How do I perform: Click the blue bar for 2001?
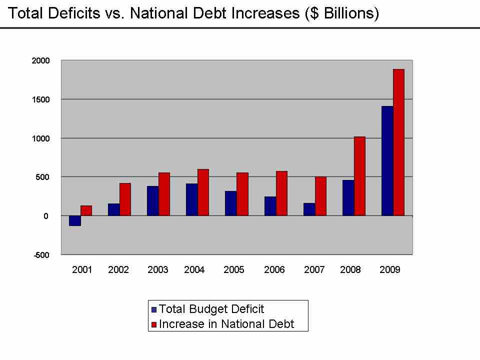[75, 220]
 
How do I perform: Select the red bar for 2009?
[398, 142]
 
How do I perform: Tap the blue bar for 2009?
[387, 160]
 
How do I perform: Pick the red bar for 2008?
[359, 176]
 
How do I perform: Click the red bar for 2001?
[86, 210]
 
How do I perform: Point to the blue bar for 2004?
[192, 199]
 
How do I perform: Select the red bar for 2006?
[281, 193]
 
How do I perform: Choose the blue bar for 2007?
[309, 209]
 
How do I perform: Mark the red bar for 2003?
[164, 194]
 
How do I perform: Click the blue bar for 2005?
[231, 203]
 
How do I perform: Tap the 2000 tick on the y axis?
[41, 60]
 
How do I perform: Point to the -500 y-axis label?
[41, 255]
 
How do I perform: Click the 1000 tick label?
[41, 138]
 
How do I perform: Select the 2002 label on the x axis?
[118, 270]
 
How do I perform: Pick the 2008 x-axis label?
[350, 270]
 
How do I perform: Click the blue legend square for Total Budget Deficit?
[154, 309]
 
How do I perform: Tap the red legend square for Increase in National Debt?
[154, 324]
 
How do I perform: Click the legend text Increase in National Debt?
[226, 324]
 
